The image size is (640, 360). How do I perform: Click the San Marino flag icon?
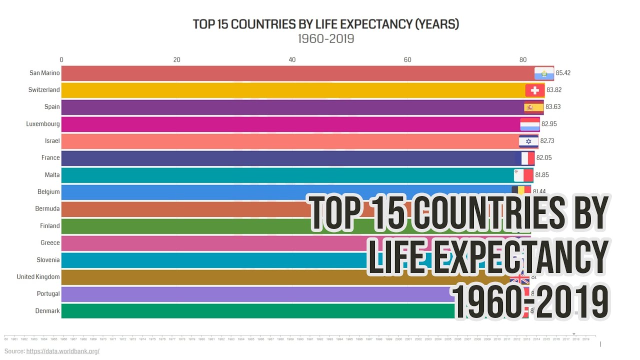pyautogui.click(x=544, y=73)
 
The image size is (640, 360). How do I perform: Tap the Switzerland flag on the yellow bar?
pyautogui.click(x=534, y=90)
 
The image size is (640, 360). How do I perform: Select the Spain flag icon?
pyautogui.click(x=533, y=107)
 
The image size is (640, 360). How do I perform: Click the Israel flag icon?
pyautogui.click(x=528, y=141)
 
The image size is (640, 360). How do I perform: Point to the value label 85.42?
pyautogui.click(x=563, y=73)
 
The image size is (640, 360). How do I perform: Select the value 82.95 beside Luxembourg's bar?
pyautogui.click(x=549, y=124)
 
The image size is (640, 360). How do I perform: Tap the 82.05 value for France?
pyautogui.click(x=544, y=158)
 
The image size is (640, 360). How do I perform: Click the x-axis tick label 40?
pyautogui.click(x=292, y=60)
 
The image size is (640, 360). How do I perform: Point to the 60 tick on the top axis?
pyautogui.click(x=407, y=60)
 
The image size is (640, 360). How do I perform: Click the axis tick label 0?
pyautogui.click(x=61, y=60)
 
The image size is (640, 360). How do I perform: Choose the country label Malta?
pyautogui.click(x=52, y=175)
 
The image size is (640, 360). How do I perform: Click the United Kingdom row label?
pyautogui.click(x=38, y=277)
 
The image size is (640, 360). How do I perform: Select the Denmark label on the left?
pyautogui.click(x=47, y=311)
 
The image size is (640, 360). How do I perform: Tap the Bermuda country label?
pyautogui.click(x=47, y=209)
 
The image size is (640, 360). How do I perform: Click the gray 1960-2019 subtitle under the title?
pyautogui.click(x=326, y=39)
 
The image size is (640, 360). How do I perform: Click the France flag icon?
pyautogui.click(x=525, y=158)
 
